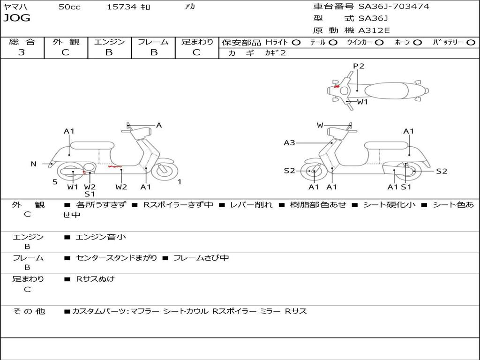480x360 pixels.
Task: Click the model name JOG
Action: [17, 18]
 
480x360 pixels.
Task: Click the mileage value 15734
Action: [122, 7]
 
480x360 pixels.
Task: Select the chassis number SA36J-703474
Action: [394, 7]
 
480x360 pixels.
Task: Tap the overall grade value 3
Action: [22, 52]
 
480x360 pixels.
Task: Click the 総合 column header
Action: [22, 42]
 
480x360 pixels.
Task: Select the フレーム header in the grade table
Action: [153, 42]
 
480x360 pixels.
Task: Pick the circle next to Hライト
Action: [296, 43]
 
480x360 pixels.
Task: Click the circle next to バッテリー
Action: [471, 43]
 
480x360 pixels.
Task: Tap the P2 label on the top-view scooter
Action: [359, 66]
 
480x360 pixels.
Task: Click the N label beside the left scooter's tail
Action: [33, 164]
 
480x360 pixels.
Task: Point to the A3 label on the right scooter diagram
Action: [289, 143]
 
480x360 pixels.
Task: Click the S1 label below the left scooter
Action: [90, 194]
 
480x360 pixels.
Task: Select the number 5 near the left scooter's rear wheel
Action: [55, 182]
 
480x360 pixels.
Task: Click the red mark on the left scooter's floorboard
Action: [115, 166]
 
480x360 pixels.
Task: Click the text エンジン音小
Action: [101, 237]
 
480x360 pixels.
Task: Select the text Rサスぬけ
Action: [95, 279]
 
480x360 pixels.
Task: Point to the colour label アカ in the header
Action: [190, 7]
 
